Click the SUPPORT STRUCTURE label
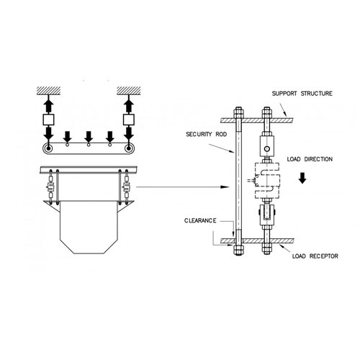[x=302, y=94]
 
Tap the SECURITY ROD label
[x=207, y=134]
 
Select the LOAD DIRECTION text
[x=310, y=159]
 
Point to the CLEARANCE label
[x=200, y=220]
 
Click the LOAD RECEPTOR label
[x=315, y=256]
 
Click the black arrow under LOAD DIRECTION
[x=302, y=178]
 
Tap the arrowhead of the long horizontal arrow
[x=225, y=187]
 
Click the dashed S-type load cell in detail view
[x=267, y=180]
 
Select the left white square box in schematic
[x=48, y=120]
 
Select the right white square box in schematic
[x=129, y=120]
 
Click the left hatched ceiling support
[x=48, y=91]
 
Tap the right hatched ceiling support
[x=129, y=91]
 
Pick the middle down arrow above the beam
[x=89, y=137]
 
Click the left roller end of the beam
[x=48, y=148]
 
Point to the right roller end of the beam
[x=129, y=148]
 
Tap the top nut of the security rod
[x=238, y=112]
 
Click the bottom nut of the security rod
[x=238, y=250]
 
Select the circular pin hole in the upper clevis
[x=266, y=149]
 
